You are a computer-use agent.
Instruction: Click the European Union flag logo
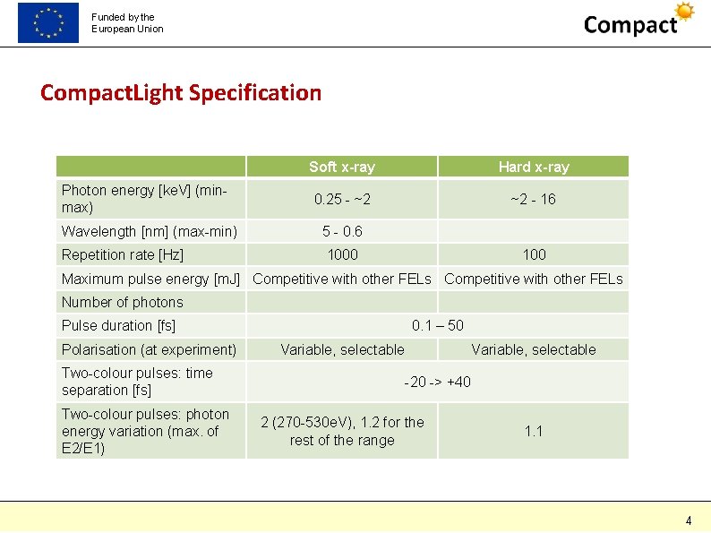(x=48, y=22)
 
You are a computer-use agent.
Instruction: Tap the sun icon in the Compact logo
(x=685, y=12)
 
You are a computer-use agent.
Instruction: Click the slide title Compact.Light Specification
(x=180, y=92)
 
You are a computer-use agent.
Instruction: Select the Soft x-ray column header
(x=342, y=167)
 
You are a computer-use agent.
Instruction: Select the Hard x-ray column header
(x=534, y=167)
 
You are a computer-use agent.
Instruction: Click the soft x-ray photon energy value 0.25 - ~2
(x=342, y=199)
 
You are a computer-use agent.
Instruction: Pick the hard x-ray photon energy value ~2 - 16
(x=534, y=199)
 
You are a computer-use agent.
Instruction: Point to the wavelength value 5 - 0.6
(x=342, y=231)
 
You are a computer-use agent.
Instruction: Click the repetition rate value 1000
(x=342, y=254)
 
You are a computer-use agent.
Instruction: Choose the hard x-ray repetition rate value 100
(x=534, y=254)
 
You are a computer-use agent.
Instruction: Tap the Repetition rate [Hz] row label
(x=123, y=254)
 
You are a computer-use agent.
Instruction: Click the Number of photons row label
(x=122, y=302)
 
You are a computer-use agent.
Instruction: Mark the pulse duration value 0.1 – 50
(x=438, y=325)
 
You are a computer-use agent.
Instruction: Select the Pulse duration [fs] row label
(x=119, y=325)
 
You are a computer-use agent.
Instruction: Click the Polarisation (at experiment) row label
(x=150, y=349)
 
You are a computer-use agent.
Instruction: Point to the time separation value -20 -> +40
(x=438, y=383)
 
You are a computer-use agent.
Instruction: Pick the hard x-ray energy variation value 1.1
(x=534, y=431)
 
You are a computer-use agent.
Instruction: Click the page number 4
(x=689, y=520)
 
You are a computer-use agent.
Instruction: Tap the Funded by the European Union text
(x=127, y=22)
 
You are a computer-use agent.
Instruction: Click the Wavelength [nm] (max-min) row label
(x=150, y=231)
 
